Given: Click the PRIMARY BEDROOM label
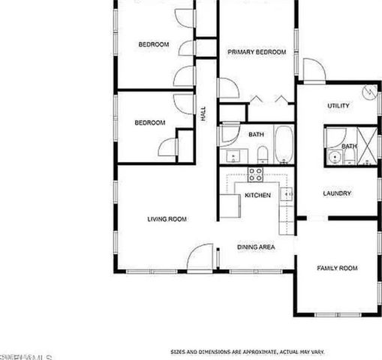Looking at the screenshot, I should (257, 52).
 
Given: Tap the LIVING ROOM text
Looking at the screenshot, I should (167, 219).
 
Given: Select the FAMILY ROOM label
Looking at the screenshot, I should (336, 268).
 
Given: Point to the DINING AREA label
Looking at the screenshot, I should (256, 246).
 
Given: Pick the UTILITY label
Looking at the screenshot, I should (338, 106).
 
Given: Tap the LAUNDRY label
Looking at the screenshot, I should (337, 193).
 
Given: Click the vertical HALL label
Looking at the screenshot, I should (203, 115).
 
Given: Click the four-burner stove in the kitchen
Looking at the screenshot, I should (255, 175).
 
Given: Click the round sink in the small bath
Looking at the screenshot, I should (333, 157).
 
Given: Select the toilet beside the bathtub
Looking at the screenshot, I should (262, 155).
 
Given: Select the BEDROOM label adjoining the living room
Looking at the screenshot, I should (149, 123).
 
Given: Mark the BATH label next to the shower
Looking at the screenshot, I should (349, 145).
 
